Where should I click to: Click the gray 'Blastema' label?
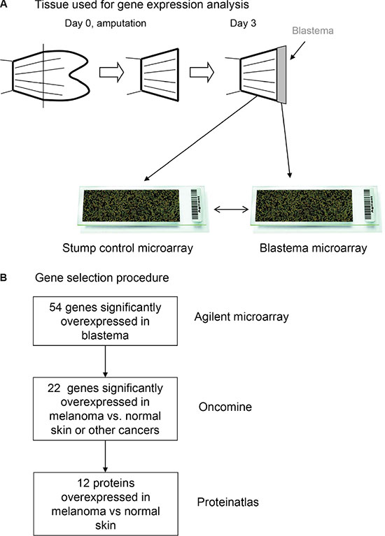(313, 31)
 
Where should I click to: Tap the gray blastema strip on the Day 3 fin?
(281, 75)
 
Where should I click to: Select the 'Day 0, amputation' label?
(106, 23)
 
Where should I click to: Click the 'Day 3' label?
(243, 23)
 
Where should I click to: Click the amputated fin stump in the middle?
(160, 75)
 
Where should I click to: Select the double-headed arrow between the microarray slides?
(231, 209)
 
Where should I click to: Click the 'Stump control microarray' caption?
(127, 248)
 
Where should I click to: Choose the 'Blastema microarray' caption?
(314, 248)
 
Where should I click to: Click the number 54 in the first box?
(55, 307)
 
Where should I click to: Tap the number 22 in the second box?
(54, 389)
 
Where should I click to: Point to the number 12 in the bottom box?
(84, 483)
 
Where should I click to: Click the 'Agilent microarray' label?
(241, 317)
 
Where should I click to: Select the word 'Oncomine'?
(225, 407)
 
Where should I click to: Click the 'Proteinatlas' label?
(227, 502)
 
